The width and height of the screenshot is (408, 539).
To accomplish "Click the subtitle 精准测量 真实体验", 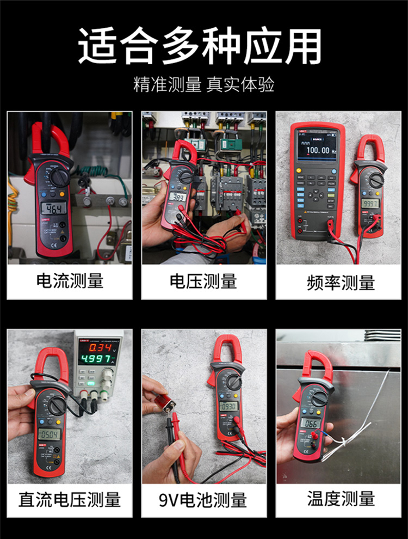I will tap(203, 84).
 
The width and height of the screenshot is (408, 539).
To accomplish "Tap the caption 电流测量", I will tap(69, 281).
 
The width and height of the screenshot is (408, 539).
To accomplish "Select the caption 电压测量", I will tap(203, 281).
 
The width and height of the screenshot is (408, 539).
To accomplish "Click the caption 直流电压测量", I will tap(69, 499).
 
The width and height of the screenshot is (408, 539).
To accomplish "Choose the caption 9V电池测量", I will tap(203, 499).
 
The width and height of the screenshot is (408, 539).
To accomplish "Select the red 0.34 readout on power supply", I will tap(101, 347).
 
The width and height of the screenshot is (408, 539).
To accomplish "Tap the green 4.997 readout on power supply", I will tap(98, 359).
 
